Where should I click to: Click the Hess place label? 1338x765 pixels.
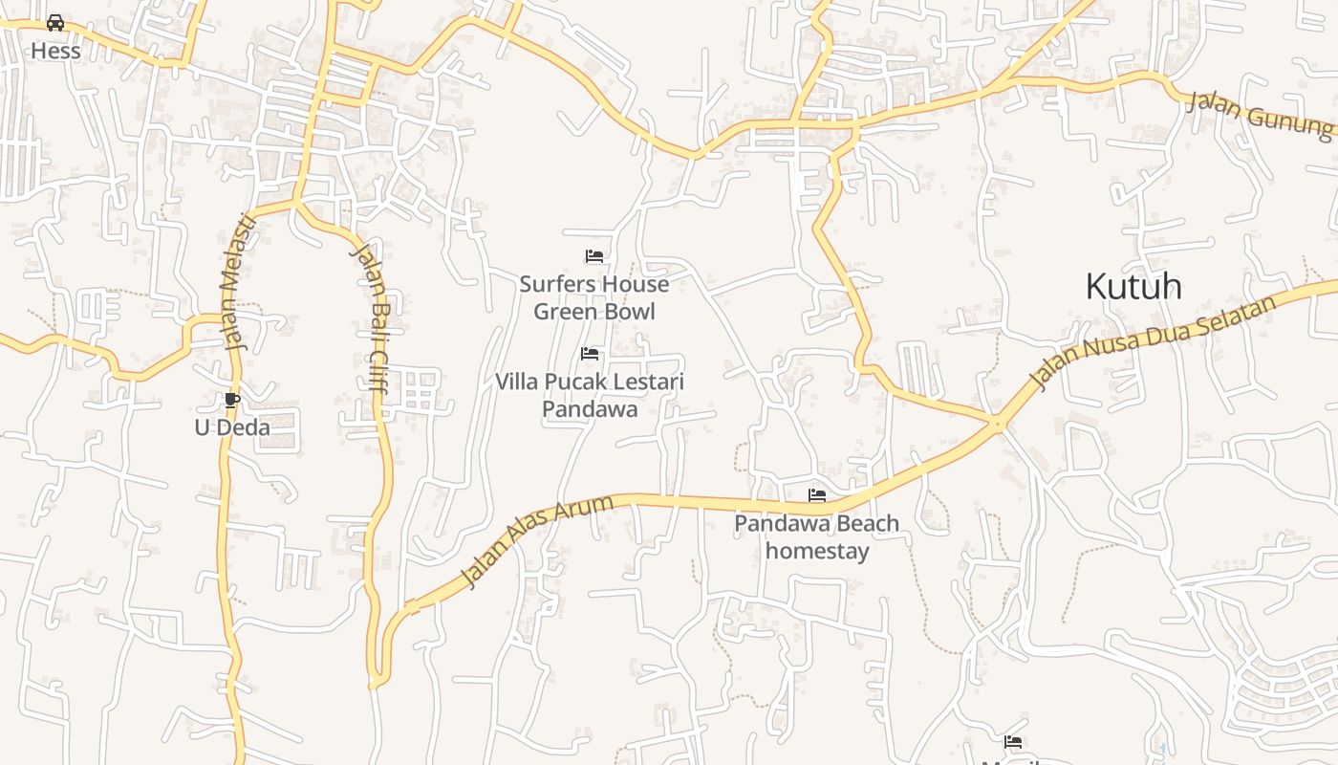click(55, 51)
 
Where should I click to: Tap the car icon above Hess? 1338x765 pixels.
click(55, 22)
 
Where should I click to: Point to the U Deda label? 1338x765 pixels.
click(232, 427)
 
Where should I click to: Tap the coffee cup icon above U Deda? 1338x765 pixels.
click(231, 400)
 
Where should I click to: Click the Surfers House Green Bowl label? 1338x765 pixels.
click(593, 297)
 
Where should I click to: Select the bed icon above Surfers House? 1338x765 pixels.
click(593, 256)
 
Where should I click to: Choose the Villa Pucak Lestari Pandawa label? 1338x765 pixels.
click(590, 395)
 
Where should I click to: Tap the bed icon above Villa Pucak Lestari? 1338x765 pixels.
click(590, 354)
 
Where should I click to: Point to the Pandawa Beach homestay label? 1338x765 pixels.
click(817, 536)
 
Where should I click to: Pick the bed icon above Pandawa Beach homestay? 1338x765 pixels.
click(817, 495)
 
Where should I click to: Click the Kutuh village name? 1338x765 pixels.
click(1133, 286)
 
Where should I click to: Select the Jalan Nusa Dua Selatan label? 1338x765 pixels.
click(1154, 344)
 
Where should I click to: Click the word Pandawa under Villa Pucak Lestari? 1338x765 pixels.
click(590, 409)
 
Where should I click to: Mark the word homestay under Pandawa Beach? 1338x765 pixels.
click(817, 551)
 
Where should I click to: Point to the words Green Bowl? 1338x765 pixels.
click(593, 312)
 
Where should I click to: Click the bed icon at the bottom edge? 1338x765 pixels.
click(1013, 742)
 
